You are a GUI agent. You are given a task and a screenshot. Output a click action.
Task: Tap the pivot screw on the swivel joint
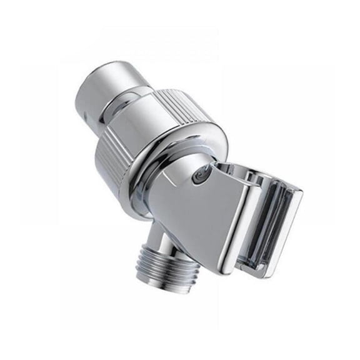(199, 179)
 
